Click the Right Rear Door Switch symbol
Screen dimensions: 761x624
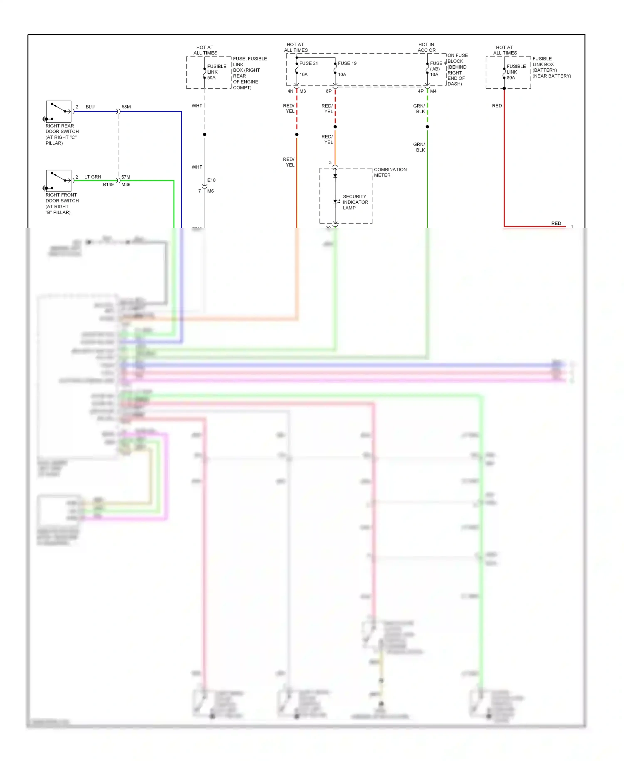(59, 111)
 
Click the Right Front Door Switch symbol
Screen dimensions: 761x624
(59, 180)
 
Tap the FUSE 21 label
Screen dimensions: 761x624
(308, 63)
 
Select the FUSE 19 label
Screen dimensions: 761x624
(347, 63)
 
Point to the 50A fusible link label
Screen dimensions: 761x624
(211, 78)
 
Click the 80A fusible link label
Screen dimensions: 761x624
(511, 78)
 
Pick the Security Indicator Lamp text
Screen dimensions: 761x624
(355, 202)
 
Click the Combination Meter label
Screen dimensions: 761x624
(390, 172)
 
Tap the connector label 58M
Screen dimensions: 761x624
(126, 107)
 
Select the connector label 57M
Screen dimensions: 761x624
(126, 177)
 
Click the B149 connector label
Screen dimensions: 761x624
(108, 184)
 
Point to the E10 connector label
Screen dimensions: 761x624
(211, 180)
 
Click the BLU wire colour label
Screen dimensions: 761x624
(90, 107)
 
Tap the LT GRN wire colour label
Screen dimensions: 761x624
(93, 177)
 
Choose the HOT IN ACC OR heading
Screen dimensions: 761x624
(426, 47)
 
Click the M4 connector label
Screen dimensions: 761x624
(433, 91)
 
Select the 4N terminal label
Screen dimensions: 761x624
(290, 91)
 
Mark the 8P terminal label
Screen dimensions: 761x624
(329, 91)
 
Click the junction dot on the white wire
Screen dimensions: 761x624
(204, 134)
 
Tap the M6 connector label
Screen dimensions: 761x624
(210, 191)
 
